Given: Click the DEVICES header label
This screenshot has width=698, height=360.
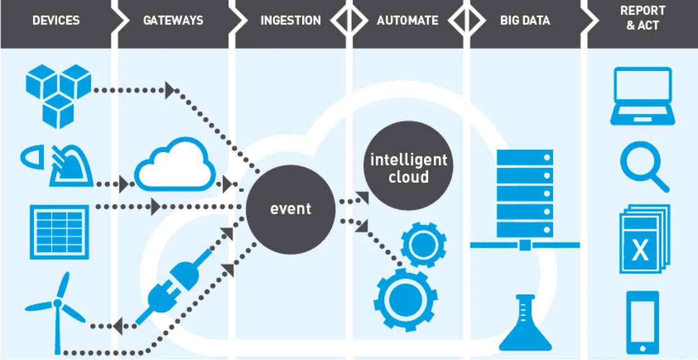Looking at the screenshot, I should point(56,20).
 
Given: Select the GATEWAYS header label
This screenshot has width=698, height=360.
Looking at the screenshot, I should point(173,20).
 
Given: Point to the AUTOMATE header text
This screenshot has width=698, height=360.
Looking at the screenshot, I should point(408,20).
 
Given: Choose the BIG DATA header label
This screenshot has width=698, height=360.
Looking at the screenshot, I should point(525,20).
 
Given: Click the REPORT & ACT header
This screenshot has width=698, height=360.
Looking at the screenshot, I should point(642,18).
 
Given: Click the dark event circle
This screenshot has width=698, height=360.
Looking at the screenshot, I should point(291,209).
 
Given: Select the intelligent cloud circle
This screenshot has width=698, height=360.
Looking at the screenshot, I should point(408,168).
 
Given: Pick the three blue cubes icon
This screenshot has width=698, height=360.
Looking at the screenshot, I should point(58,93).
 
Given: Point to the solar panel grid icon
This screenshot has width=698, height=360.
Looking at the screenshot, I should point(59,231).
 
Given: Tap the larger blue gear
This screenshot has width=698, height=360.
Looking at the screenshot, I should point(406,298).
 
